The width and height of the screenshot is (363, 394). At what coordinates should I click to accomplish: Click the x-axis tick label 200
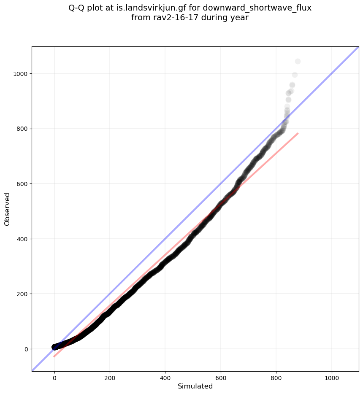[x=110, y=376]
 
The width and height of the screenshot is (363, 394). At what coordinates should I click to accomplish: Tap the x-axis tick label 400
[x=165, y=376]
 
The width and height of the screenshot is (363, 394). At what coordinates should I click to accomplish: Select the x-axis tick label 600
[x=221, y=376]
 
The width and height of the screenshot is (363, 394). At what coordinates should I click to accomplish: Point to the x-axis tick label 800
[x=276, y=376]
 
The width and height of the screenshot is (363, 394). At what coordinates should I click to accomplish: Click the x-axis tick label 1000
[x=331, y=376]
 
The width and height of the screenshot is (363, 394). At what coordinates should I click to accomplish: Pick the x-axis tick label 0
[x=54, y=376]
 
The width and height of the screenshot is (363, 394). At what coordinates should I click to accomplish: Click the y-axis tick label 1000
[x=20, y=74]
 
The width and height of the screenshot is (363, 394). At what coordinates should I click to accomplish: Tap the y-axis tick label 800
[x=22, y=129]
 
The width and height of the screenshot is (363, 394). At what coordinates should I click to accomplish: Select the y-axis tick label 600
[x=22, y=184]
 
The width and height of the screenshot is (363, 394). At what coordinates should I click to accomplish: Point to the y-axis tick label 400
[x=22, y=239]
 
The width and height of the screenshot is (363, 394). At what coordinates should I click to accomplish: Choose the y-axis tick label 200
[x=22, y=294]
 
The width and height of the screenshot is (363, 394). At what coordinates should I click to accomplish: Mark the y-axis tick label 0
[x=26, y=349]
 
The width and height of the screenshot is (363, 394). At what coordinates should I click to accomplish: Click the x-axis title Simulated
[x=195, y=386]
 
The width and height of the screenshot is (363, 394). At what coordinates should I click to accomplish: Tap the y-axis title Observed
[x=7, y=209]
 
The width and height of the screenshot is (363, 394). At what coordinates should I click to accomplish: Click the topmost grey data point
[x=298, y=62]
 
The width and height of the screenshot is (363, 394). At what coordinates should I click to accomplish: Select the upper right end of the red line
[x=298, y=133]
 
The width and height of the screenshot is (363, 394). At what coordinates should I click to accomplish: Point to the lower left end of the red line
[x=54, y=356]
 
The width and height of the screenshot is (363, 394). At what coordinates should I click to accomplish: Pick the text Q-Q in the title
[x=77, y=8]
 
